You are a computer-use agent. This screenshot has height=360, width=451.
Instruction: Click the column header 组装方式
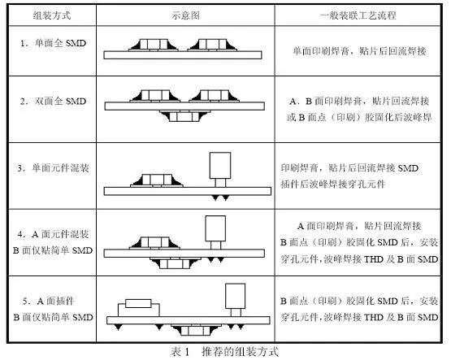click(52, 15)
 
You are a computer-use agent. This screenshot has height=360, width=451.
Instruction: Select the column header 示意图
click(185, 15)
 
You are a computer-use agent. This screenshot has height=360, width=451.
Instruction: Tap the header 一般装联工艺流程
click(358, 15)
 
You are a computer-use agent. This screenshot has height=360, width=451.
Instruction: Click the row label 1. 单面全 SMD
click(53, 43)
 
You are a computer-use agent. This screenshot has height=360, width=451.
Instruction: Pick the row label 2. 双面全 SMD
click(53, 101)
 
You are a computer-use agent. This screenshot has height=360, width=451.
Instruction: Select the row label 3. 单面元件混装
click(53, 167)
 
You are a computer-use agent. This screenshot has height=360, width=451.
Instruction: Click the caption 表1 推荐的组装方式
click(225, 351)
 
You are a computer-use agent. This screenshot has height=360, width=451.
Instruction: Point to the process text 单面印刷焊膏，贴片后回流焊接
click(359, 51)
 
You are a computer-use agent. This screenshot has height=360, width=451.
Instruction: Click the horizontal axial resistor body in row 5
click(138, 303)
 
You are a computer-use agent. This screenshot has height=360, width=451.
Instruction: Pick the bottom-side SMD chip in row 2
click(184, 116)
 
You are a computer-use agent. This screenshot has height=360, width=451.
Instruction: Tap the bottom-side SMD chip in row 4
click(175, 263)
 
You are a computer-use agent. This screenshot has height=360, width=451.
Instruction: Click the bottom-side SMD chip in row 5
click(196, 330)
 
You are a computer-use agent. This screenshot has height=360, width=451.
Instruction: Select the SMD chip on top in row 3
click(157, 180)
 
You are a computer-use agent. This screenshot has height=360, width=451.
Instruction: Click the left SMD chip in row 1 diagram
click(154, 45)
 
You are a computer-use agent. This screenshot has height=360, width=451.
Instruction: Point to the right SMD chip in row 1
click(212, 45)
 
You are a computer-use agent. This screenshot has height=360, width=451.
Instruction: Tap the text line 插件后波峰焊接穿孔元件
click(333, 184)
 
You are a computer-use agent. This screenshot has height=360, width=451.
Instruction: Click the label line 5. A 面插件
click(49, 301)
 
